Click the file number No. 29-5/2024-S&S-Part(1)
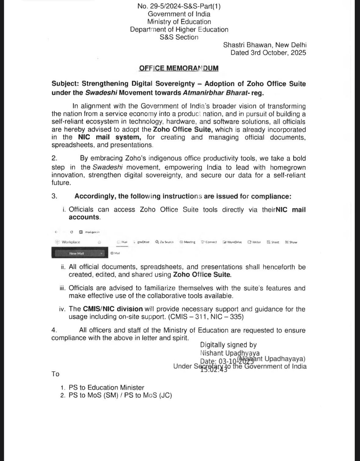tap(179, 6)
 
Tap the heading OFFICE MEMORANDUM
tap(179, 68)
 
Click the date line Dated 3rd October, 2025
tap(268, 53)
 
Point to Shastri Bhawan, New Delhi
tap(265, 45)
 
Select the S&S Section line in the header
tap(179, 37)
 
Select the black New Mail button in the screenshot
tap(78, 253)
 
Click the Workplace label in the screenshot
tap(71, 242)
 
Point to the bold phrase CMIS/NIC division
tap(113, 309)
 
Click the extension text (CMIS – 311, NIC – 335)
tap(206, 317)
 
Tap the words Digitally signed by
tap(228, 345)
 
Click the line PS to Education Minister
tap(106, 387)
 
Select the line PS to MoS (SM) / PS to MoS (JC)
tap(120, 395)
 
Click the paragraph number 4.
tap(54, 330)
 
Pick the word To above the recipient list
tap(55, 374)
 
